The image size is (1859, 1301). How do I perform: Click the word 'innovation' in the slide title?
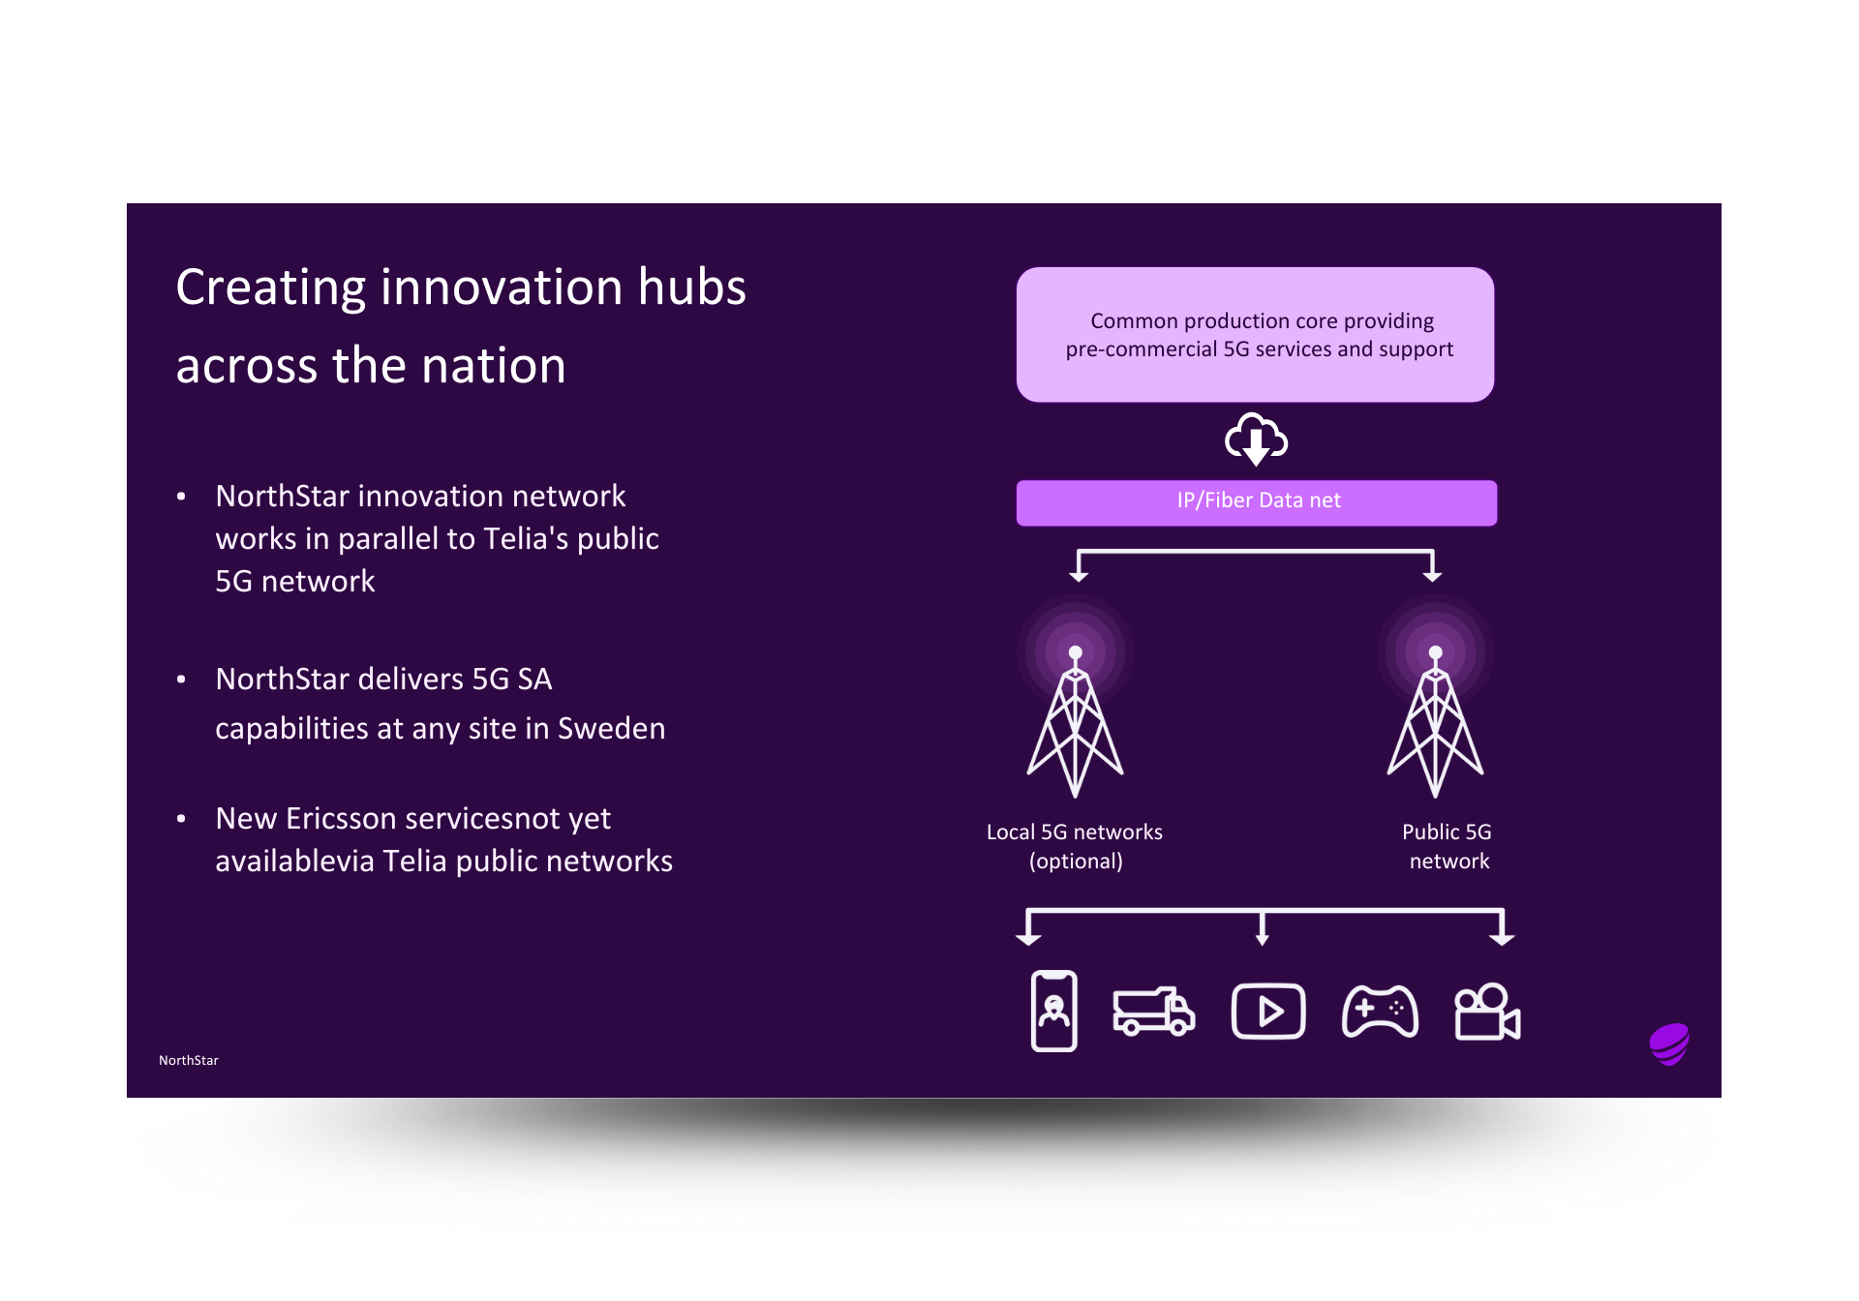coord(501,287)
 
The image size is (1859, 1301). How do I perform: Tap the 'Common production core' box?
coord(1255,335)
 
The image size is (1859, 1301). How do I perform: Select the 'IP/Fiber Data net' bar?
coord(1256,501)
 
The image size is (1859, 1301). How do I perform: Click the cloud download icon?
coord(1256,439)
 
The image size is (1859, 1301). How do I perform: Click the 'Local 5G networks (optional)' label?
coord(1075,846)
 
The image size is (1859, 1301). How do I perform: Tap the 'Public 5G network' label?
coord(1448,846)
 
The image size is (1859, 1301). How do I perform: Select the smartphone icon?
coord(1054,1011)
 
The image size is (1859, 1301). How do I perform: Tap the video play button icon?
coord(1267,1012)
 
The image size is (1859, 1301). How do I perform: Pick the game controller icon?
coord(1380,1012)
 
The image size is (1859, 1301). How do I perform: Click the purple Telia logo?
coord(1669,1044)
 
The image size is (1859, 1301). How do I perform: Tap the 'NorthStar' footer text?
coord(189,1060)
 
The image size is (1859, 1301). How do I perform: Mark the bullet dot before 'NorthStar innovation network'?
coord(181,497)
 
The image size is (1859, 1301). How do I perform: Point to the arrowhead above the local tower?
coord(1079,576)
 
